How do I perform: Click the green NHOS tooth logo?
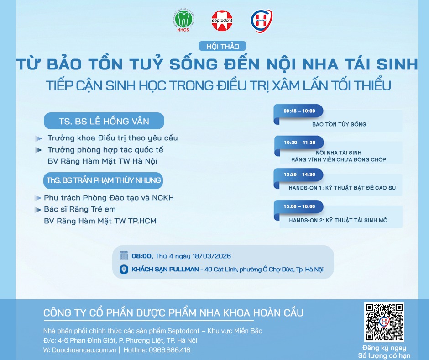(x=183, y=21)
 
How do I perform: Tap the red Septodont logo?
(x=222, y=21)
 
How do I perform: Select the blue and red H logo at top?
(x=262, y=21)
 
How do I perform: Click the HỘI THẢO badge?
(x=222, y=46)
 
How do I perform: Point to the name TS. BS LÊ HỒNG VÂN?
(x=104, y=121)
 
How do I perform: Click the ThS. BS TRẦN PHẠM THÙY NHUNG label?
(x=104, y=180)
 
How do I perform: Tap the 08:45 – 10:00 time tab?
(x=299, y=111)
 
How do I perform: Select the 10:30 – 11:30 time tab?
(x=299, y=143)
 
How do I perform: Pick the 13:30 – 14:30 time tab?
(x=299, y=175)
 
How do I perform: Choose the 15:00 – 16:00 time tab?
(x=299, y=206)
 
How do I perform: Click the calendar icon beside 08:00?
(x=124, y=256)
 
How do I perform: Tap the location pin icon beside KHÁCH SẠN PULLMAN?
(x=124, y=270)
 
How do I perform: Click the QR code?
(x=384, y=322)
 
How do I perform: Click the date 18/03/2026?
(x=211, y=256)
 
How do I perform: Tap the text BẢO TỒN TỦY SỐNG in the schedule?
(x=339, y=124)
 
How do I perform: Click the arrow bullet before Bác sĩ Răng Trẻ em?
(x=38, y=210)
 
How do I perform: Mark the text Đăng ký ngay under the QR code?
(x=384, y=348)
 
